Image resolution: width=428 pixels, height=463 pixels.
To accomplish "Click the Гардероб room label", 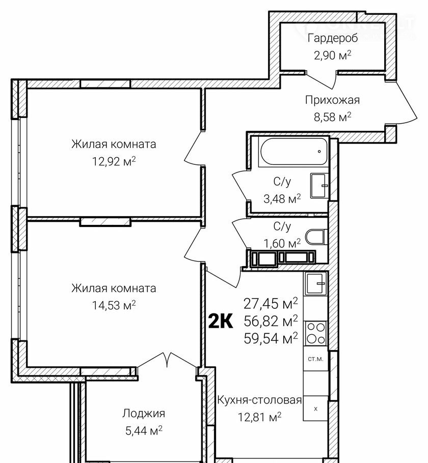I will click(x=333, y=38).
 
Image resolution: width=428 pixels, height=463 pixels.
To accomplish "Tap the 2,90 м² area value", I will click(x=333, y=55).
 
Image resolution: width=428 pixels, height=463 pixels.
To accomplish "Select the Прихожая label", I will click(x=332, y=100).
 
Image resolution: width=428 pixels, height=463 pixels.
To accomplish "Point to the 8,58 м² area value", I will click(x=332, y=117).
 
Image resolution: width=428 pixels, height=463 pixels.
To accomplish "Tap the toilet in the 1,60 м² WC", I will click(x=315, y=238).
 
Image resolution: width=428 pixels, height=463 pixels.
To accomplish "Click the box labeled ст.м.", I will click(x=316, y=359).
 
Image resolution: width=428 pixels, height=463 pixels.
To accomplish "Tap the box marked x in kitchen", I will click(x=316, y=408).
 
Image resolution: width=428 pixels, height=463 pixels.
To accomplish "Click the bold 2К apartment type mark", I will click(x=221, y=321).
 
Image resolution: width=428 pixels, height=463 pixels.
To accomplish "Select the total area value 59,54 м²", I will click(x=271, y=337).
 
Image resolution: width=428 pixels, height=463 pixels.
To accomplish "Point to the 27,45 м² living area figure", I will click(x=271, y=304).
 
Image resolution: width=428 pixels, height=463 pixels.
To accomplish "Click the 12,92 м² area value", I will click(x=114, y=162).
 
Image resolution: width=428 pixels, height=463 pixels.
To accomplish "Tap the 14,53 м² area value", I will click(x=114, y=306).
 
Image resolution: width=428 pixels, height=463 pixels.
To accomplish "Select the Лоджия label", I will click(x=144, y=414).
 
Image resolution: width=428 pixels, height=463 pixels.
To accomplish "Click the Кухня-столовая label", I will click(x=259, y=400).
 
